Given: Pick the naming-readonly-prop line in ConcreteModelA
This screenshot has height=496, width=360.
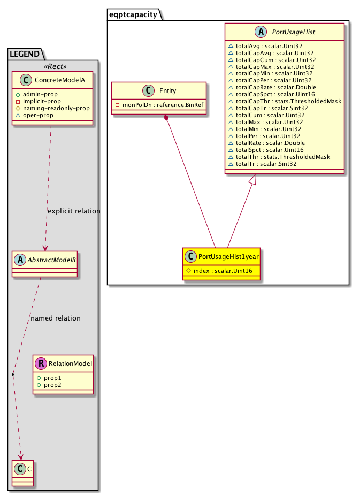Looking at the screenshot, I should click(55, 108).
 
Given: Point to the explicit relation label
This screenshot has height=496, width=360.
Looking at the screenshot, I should click(74, 211).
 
